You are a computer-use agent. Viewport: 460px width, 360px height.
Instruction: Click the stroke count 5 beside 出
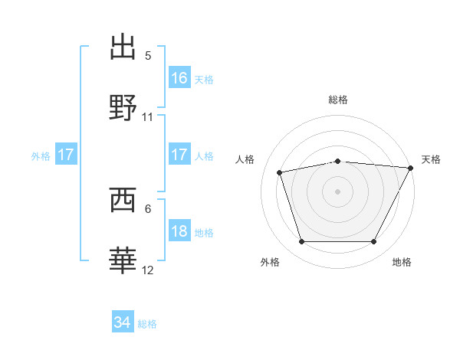click(148, 56)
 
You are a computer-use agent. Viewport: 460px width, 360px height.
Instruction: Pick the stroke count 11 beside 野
click(148, 117)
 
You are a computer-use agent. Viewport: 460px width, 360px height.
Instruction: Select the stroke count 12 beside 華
click(148, 270)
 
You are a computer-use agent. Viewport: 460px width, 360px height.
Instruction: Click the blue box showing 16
click(179, 77)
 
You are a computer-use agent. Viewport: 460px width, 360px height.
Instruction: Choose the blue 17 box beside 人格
click(179, 155)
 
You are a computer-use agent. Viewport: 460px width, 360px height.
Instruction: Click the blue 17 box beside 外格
click(66, 155)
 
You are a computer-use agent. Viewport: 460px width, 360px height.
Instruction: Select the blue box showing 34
click(123, 322)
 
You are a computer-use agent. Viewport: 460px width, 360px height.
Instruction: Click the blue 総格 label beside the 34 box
click(148, 324)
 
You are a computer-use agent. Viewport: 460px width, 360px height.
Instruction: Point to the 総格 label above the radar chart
click(338, 100)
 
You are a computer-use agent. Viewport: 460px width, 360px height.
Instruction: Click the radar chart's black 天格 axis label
click(431, 159)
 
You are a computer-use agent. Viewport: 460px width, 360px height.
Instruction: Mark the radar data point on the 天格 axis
click(412, 168)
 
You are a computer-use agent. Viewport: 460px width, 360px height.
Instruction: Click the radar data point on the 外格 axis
click(301, 242)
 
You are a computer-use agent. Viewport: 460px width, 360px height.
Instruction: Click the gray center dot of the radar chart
click(338, 191)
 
